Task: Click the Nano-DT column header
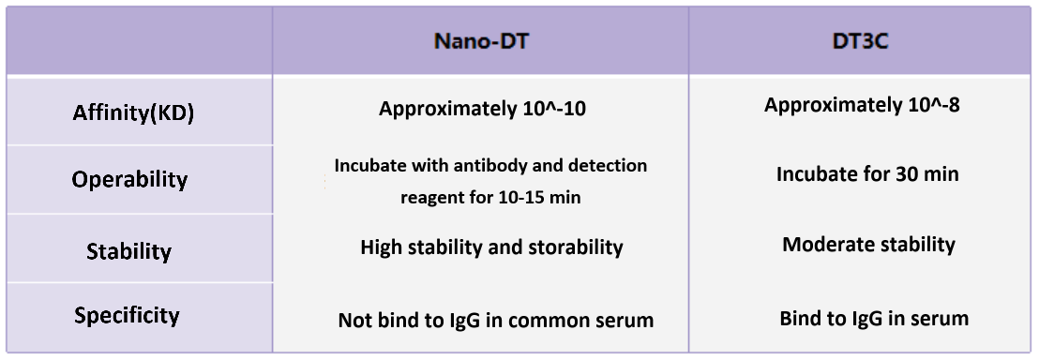[480, 42]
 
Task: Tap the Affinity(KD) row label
[133, 113]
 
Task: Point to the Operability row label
[129, 179]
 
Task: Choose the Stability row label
[128, 251]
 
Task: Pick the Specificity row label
[127, 315]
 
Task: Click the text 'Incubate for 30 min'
[867, 174]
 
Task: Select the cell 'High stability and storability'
[491, 247]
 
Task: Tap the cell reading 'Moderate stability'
[868, 245]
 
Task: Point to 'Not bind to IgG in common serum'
[495, 320]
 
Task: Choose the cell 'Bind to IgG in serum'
[874, 318]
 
